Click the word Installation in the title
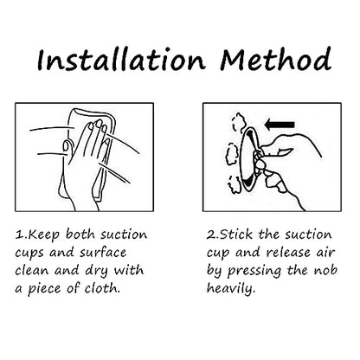pos(121,60)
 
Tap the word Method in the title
pos(275,59)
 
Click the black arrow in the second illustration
pos(280,125)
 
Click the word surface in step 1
pos(103,253)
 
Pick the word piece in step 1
pos(44,289)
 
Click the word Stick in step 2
pos(236,234)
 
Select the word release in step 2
pos(288,253)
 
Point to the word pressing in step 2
pos(254,271)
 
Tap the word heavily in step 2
pos(231,289)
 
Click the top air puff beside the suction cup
pos(239,122)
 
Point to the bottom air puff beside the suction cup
pos(235,184)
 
